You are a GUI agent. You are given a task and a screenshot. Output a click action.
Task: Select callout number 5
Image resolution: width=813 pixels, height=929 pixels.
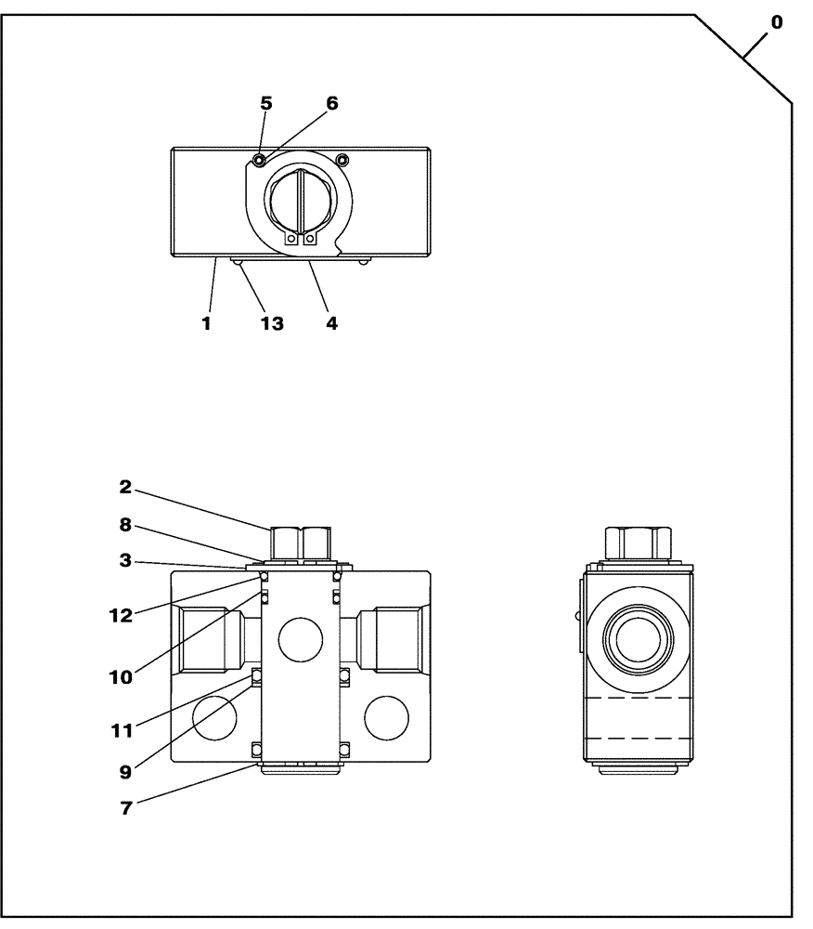pos(265,104)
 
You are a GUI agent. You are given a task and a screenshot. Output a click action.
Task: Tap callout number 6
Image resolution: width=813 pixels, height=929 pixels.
pos(331,104)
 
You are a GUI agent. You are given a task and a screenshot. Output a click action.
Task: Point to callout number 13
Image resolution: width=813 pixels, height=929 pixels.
pos(272,324)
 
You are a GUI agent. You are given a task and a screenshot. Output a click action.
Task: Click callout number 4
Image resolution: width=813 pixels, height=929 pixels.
pos(331,324)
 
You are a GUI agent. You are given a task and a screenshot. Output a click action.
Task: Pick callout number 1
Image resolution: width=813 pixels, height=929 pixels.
pos(207,324)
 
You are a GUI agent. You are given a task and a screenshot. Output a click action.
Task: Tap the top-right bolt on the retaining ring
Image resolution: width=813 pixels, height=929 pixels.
pos(342,160)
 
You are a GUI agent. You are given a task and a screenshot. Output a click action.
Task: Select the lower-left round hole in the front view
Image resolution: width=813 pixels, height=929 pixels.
pos(215,718)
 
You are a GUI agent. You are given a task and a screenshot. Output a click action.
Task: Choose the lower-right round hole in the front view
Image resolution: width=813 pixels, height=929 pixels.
pos(385,718)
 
